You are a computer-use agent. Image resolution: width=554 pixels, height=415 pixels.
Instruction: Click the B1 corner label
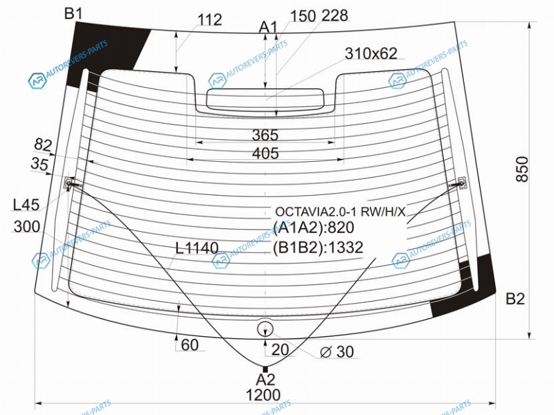[73, 14]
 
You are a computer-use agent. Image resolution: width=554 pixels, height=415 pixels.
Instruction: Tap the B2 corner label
[515, 299]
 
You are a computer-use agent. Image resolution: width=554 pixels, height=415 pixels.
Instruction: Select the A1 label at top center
[269, 27]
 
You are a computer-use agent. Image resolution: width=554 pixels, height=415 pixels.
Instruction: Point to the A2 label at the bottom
[265, 380]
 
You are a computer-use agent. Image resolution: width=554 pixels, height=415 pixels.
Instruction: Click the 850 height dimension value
[522, 169]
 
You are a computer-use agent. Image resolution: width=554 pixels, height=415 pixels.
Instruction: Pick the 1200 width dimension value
[264, 395]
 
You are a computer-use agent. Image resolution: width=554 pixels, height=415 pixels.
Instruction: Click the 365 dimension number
[265, 135]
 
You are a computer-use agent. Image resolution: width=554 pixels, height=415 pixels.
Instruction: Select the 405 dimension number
[265, 153]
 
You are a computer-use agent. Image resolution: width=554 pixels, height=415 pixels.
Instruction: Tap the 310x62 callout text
[371, 54]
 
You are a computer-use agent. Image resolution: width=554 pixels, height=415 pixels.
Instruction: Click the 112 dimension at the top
[210, 20]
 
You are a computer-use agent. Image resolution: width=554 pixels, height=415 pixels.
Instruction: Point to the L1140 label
[197, 248]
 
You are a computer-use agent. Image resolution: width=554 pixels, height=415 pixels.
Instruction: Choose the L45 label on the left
[26, 205]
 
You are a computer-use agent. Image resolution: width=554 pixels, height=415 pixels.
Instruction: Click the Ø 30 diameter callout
[337, 351]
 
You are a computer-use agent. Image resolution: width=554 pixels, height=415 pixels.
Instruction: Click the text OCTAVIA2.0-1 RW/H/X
[340, 212]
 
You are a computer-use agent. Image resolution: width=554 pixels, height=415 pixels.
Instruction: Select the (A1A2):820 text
[314, 228]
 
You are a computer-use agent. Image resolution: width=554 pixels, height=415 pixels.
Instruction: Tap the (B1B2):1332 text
[318, 248]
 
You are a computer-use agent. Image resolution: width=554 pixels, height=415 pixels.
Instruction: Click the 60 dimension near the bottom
[190, 345]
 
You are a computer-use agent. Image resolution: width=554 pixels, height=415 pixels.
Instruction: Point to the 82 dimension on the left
[43, 145]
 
